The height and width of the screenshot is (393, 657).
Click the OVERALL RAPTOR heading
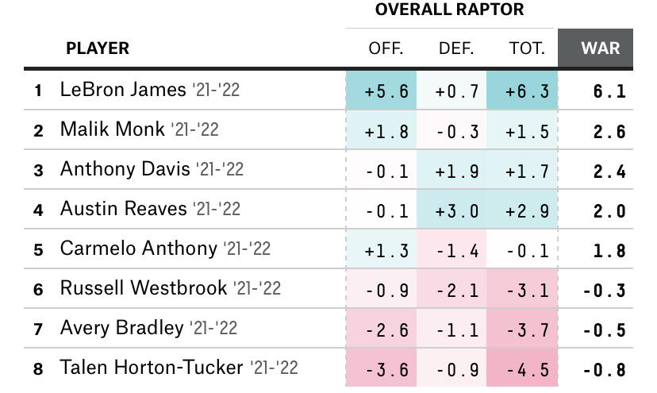tap(450, 10)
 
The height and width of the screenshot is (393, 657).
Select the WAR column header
tap(601, 48)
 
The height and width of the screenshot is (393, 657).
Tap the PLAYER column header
tap(97, 48)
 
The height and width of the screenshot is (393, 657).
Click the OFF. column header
tap(386, 48)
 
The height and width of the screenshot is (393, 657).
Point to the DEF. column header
tap(456, 48)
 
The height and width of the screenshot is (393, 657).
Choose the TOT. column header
tap(527, 48)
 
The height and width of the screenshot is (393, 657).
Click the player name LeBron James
tap(122, 90)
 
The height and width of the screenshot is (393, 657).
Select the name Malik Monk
tap(112, 129)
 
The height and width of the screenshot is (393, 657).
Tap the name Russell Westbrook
tap(143, 287)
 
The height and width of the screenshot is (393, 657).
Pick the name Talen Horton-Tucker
tap(151, 368)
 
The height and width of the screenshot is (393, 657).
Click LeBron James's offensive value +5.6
tap(386, 91)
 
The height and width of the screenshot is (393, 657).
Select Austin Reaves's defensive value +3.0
tap(457, 210)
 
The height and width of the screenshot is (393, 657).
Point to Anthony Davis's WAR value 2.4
tap(609, 171)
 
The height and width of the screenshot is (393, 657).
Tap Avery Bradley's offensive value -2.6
tap(386, 330)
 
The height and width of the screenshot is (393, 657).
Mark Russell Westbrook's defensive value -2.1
tap(457, 291)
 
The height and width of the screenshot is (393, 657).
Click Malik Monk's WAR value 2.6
tap(609, 132)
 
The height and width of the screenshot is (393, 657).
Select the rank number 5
tap(38, 250)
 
